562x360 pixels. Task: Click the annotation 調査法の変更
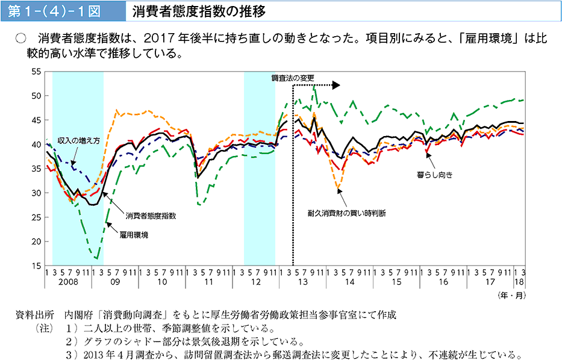click(x=293, y=78)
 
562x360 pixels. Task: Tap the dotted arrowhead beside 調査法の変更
click(x=337, y=85)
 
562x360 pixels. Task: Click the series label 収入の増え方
click(x=78, y=140)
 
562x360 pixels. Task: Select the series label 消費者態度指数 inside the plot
click(x=151, y=215)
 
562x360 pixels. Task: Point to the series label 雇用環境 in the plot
click(x=134, y=234)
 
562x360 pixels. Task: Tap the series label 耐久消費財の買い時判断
click(x=346, y=213)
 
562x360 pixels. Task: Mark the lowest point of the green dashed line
click(x=96, y=258)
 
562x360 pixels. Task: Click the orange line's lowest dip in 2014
click(x=338, y=189)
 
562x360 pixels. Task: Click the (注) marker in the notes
click(x=45, y=329)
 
